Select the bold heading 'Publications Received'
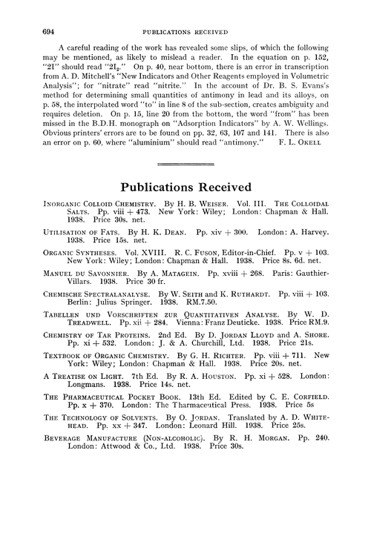click(x=185, y=207)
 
